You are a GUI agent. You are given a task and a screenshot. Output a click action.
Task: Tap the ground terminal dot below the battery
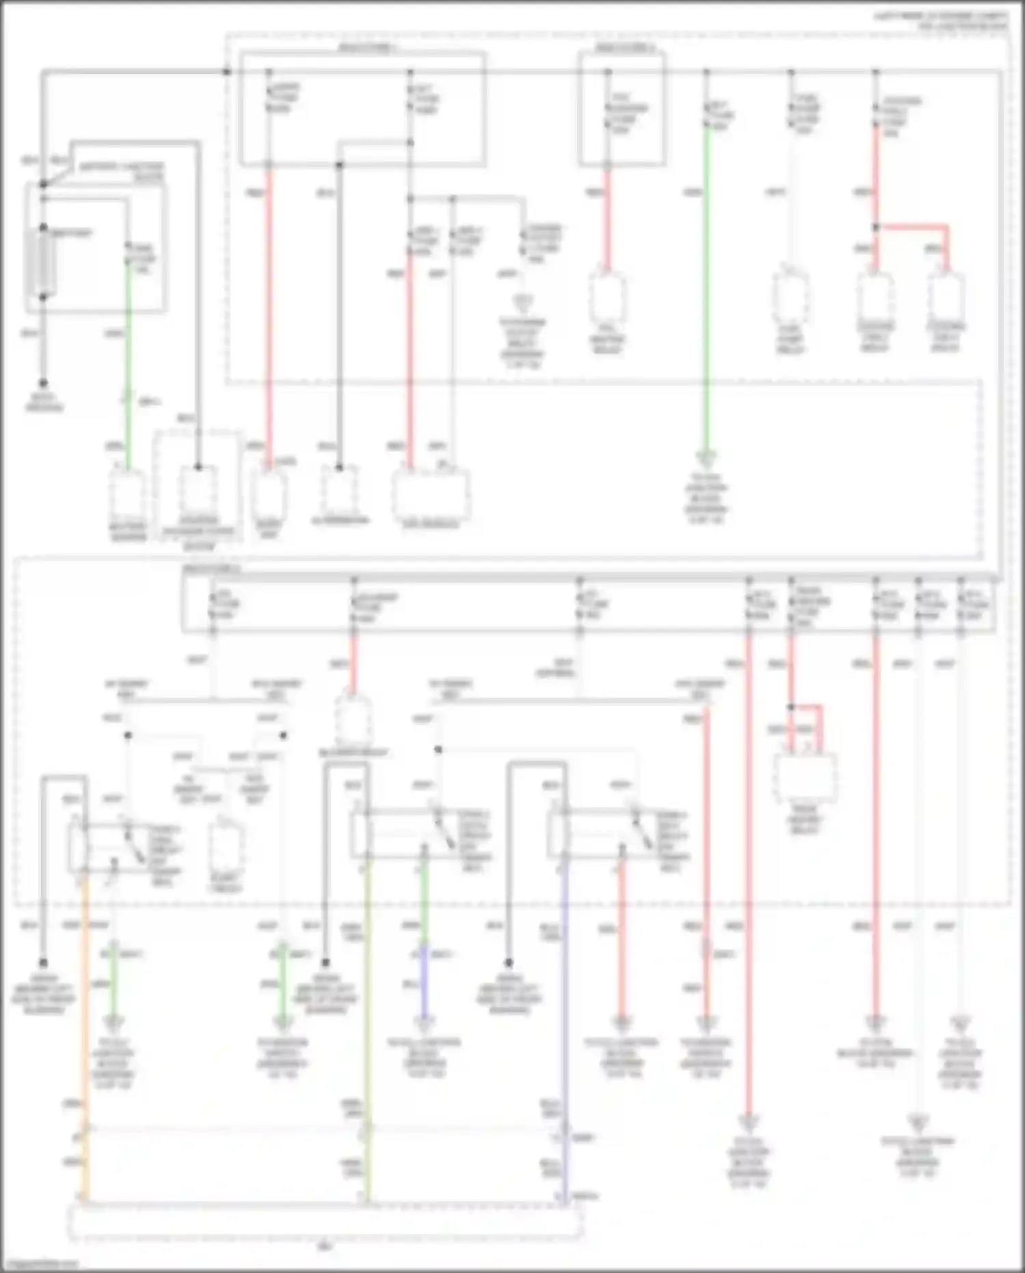tap(43, 383)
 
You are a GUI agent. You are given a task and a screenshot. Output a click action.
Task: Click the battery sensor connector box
tap(128, 494)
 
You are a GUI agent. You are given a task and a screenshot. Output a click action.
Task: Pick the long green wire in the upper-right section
tap(706, 287)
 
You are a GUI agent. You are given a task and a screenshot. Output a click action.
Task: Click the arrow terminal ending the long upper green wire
tap(706, 457)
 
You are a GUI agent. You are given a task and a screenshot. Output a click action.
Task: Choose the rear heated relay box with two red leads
tap(805, 778)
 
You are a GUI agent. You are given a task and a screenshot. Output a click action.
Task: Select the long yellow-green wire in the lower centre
tap(368, 1026)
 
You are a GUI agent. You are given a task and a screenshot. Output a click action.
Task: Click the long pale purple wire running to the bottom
tap(565, 1026)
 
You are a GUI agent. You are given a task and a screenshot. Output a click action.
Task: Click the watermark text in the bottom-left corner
tap(40, 1264)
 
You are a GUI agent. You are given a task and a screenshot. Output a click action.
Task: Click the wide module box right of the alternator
tap(431, 494)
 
